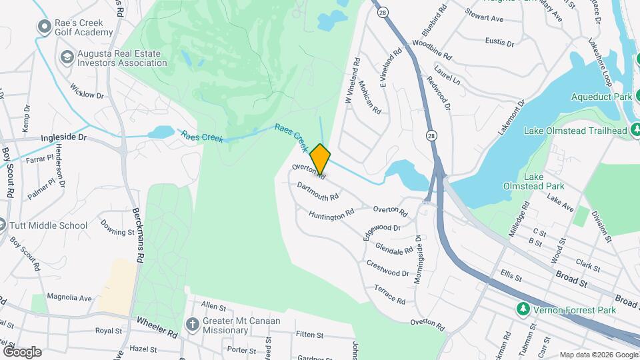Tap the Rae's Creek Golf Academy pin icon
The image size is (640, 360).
coord(45,27)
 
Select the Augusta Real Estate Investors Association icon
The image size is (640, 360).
coord(67,57)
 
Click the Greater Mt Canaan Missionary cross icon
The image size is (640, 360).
coord(193,325)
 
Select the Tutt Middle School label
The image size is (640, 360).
coord(49,225)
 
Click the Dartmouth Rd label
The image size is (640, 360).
coord(318,191)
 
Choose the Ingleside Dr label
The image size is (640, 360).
coord(64,137)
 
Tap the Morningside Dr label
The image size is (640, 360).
coord(418,258)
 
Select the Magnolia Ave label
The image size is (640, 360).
coord(69,297)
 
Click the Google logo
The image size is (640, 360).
coord(22,351)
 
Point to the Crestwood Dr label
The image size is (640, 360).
coord(387,268)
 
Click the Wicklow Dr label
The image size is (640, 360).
coord(87,92)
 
